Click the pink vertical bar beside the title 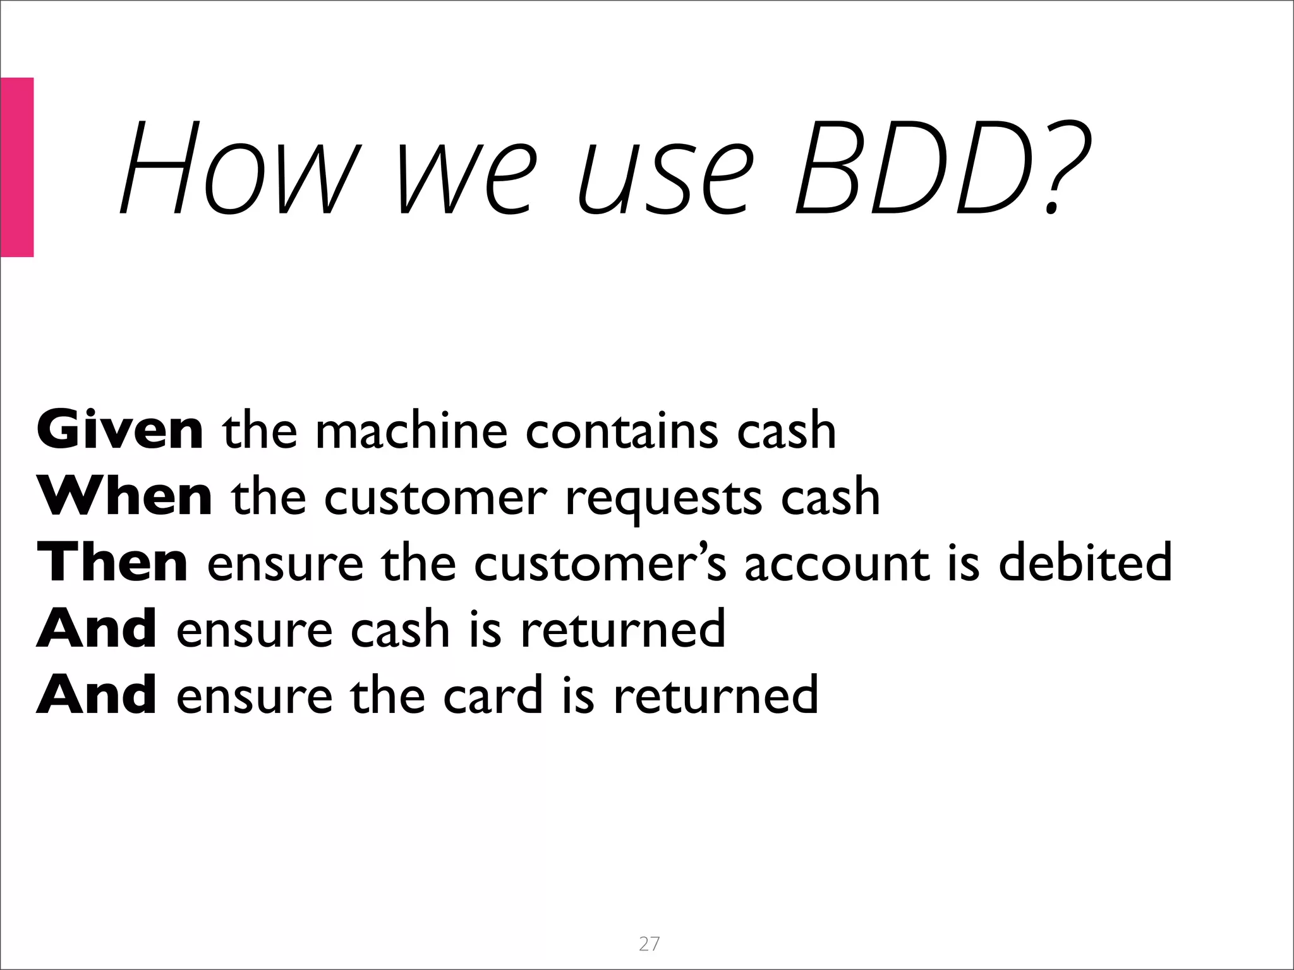coord(16,167)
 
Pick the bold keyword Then coord(112,562)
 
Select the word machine coord(411,431)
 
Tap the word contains coord(622,431)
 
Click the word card coord(493,695)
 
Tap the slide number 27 coord(649,943)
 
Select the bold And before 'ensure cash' coord(97,628)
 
